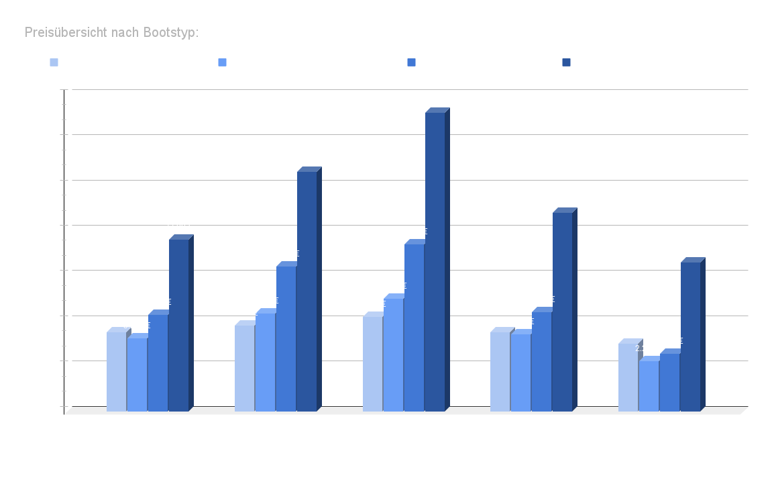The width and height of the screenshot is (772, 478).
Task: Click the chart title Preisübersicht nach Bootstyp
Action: [111, 32]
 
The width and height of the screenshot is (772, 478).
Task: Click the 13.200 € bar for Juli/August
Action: [434, 262]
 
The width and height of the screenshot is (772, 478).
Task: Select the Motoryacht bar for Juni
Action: [307, 291]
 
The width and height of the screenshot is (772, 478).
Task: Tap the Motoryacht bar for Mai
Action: [178, 325]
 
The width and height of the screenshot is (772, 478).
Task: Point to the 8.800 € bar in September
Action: [562, 312]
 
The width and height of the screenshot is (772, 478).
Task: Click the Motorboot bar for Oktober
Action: [628, 377]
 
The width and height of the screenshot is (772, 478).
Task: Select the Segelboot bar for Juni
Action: [265, 362]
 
